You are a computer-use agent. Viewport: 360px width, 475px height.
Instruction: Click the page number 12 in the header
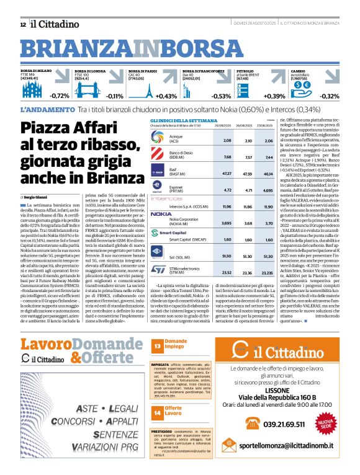[x=23, y=24]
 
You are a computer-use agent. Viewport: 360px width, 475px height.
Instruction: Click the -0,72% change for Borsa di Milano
[x=60, y=96]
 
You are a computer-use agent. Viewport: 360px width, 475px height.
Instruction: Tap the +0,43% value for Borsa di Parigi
[x=166, y=96]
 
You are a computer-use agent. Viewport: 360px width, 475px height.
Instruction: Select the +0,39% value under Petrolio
[x=274, y=96]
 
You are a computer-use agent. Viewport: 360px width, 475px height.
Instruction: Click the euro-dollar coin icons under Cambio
[x=307, y=86]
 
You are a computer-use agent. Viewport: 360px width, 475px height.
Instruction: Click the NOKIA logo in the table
[x=161, y=213]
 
